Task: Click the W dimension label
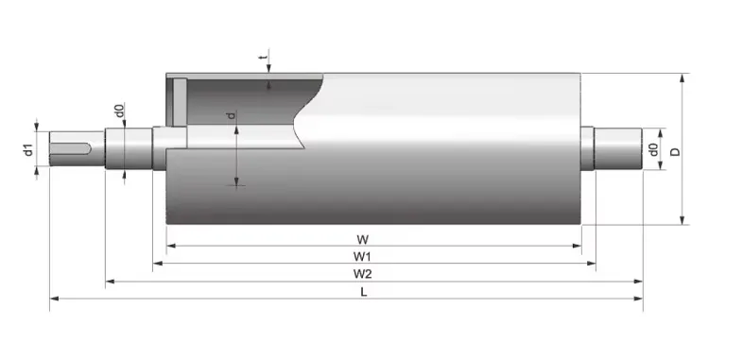point(362,237)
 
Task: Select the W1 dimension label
point(362,255)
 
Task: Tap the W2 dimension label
point(362,274)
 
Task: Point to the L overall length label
point(363,291)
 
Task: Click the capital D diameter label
point(675,150)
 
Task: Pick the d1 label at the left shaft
point(28,148)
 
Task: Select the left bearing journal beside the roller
point(128,149)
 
